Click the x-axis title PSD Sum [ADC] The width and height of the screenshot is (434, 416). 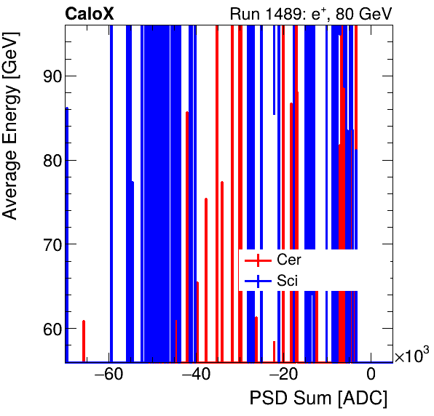click(318, 399)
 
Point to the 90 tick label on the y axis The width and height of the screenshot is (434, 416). click(47, 76)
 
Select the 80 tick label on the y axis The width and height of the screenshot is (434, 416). click(47, 161)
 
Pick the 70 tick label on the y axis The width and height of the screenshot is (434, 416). click(47, 245)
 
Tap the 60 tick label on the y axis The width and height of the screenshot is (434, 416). click(47, 329)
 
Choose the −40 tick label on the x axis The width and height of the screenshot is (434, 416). click(197, 375)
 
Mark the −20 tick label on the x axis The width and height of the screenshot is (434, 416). click(283, 375)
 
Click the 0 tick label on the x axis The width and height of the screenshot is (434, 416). click(371, 375)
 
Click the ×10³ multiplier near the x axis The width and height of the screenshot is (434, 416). click(411, 356)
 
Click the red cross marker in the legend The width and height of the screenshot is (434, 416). click(258, 260)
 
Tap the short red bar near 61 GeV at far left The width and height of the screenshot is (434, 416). click(84, 340)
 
